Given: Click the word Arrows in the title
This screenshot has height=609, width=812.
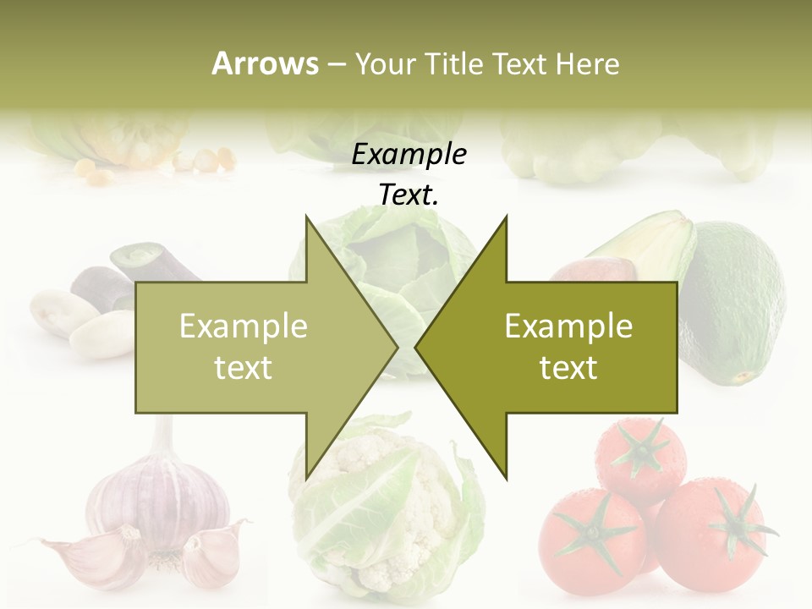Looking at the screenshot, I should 266,63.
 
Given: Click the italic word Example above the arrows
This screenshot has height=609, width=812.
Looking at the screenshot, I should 409,154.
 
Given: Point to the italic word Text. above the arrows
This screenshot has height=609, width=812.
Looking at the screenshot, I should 409,195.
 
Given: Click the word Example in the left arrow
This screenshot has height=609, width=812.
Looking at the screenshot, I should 244,326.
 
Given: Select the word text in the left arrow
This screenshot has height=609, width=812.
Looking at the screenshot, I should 244,368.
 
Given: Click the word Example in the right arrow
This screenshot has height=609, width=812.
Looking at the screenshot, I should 568,326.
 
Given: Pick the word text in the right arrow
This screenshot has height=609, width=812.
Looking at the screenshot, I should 568,368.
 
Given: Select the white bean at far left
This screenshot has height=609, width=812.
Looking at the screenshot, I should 56,309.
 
